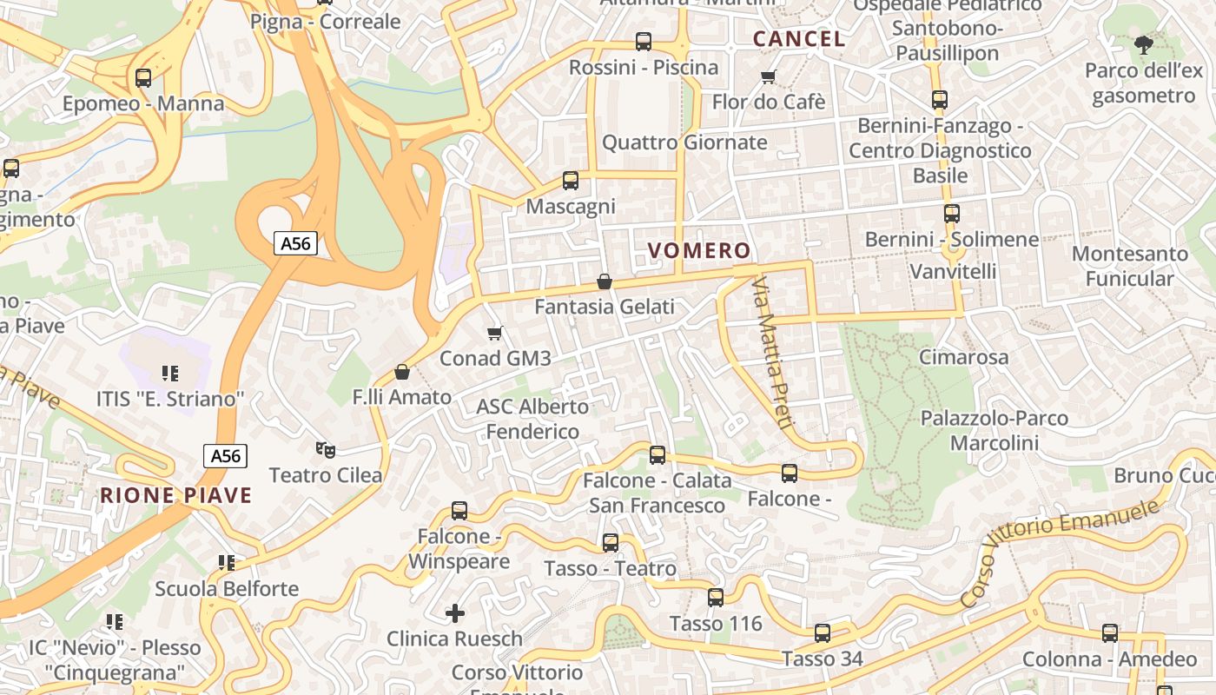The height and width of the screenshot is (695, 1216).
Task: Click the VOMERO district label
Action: pyautogui.click(x=699, y=251)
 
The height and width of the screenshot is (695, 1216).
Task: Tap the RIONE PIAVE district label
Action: pyautogui.click(x=175, y=496)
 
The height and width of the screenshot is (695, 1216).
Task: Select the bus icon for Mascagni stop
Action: pyautogui.click(x=571, y=181)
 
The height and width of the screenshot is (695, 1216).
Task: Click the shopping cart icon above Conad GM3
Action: pyautogui.click(x=495, y=333)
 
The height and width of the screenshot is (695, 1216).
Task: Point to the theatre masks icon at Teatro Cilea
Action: pyautogui.click(x=326, y=449)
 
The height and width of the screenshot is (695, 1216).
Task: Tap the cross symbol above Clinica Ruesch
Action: pyautogui.click(x=455, y=613)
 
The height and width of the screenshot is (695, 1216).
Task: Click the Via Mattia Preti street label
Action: pyautogui.click(x=772, y=354)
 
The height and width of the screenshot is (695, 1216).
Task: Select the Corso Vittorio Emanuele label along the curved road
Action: pyautogui.click(x=1061, y=553)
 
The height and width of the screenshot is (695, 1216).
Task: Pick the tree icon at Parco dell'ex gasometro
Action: pyautogui.click(x=1143, y=44)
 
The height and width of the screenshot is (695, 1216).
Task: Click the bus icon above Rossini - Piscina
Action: pyautogui.click(x=644, y=41)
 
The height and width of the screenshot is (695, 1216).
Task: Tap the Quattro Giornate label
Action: pyautogui.click(x=684, y=142)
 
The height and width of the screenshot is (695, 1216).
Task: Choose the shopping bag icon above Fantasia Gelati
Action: pyautogui.click(x=605, y=281)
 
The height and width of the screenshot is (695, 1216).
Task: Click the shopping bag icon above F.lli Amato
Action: pyautogui.click(x=402, y=372)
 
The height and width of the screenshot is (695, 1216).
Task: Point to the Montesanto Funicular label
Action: pyautogui.click(x=1129, y=266)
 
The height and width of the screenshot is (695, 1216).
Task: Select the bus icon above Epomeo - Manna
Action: pyautogui.click(x=143, y=78)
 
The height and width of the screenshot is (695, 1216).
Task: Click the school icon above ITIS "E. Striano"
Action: pyautogui.click(x=170, y=374)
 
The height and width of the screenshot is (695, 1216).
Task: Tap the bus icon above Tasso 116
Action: pyautogui.click(x=716, y=598)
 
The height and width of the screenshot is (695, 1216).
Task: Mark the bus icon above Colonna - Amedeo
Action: pyautogui.click(x=1110, y=633)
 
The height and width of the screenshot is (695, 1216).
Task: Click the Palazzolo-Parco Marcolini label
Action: pyautogui.click(x=995, y=431)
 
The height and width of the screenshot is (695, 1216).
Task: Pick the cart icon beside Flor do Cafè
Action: pyautogui.click(x=768, y=77)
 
